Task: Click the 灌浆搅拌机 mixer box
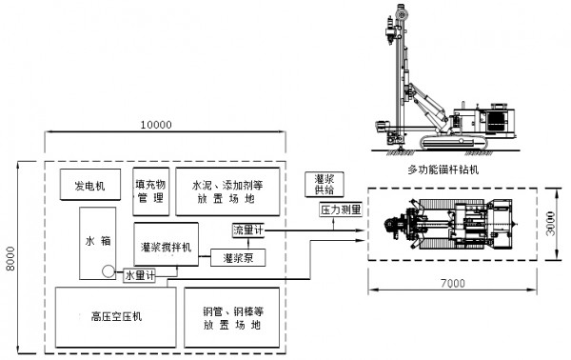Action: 165,245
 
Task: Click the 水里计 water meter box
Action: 140,274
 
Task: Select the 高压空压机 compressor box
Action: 109,317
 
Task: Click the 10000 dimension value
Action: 155,125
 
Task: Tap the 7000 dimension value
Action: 454,283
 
